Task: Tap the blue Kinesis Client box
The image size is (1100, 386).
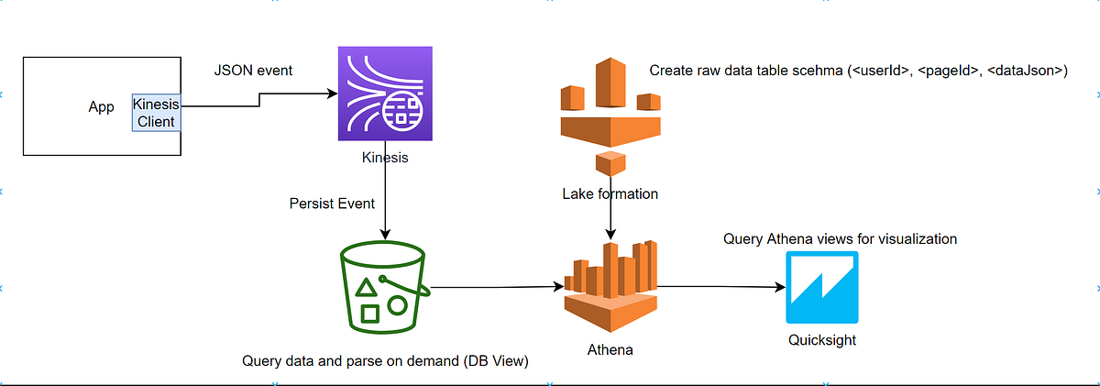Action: click(x=155, y=113)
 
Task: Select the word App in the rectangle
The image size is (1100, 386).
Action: click(x=101, y=107)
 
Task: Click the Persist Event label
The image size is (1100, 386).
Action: click(x=332, y=202)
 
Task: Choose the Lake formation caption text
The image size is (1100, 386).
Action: click(x=610, y=193)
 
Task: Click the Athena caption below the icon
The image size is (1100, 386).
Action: click(x=610, y=350)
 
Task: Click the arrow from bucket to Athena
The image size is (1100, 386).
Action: click(x=495, y=287)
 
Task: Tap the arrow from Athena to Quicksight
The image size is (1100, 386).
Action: click(x=720, y=287)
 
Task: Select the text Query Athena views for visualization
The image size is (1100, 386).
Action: click(x=840, y=238)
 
